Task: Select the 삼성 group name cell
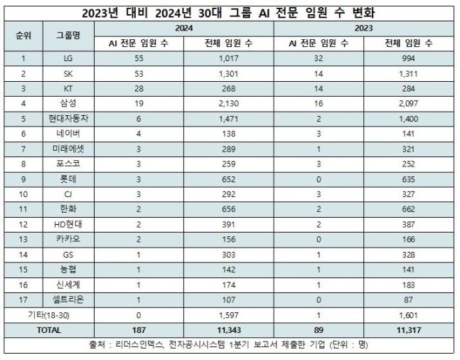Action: pyautogui.click(x=68, y=104)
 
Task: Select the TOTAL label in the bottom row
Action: pyautogui.click(x=47, y=330)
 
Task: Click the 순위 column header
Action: pyautogui.click(x=23, y=36)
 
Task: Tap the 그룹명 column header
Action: pyautogui.click(x=68, y=36)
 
